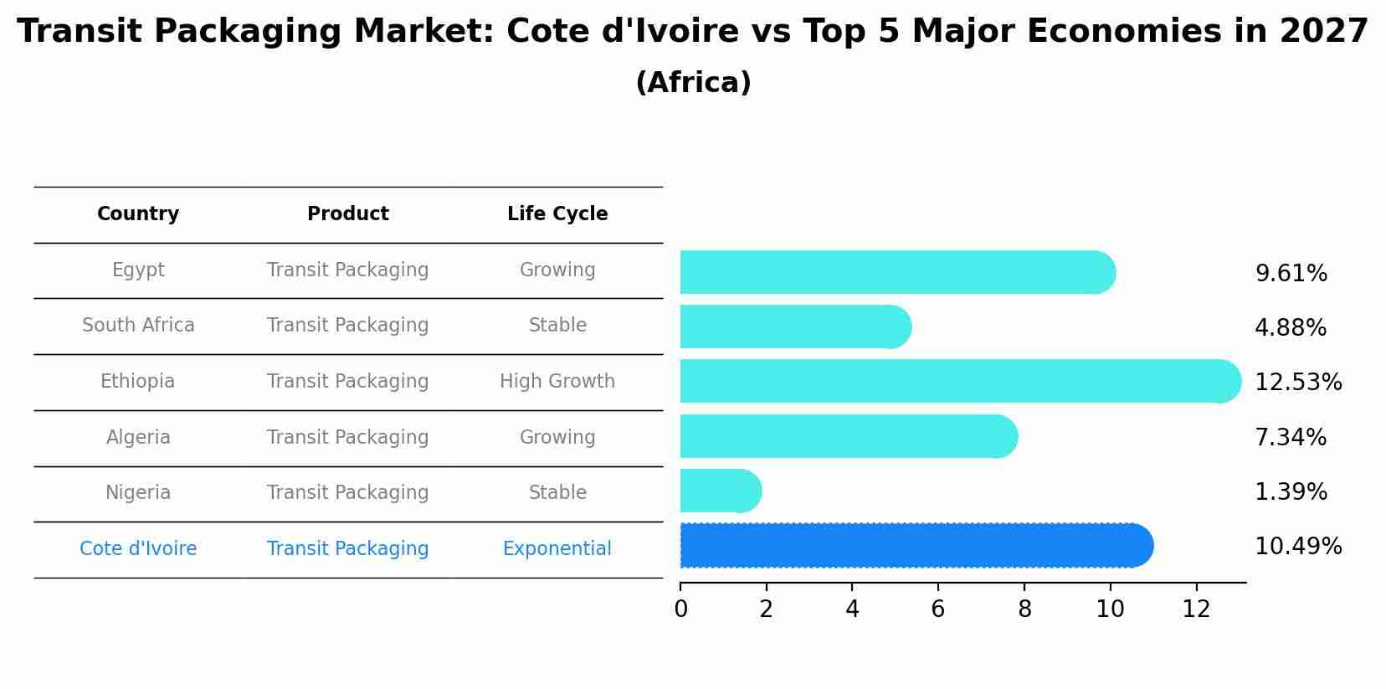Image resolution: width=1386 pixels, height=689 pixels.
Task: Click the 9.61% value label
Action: [1291, 274]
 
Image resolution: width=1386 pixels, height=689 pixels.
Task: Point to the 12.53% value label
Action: [1297, 383]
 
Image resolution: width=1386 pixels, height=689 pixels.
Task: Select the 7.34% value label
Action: [1290, 437]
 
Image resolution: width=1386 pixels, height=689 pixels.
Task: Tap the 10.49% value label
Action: [1297, 547]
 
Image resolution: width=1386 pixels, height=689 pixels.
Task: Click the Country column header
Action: [138, 214]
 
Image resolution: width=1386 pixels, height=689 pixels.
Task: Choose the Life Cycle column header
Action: [557, 214]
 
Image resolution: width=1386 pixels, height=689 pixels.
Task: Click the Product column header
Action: [347, 214]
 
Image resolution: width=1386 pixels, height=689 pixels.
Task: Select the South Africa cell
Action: [138, 326]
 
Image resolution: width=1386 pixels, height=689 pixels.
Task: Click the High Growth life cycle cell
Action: [557, 382]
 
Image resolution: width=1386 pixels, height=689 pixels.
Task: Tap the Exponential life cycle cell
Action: [557, 549]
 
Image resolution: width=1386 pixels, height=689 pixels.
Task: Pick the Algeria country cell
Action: [138, 437]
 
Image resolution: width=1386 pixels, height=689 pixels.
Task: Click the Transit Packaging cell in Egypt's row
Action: [347, 270]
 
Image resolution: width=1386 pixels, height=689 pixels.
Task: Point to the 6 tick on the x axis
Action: [938, 609]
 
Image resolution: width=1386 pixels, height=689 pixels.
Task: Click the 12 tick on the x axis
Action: [1196, 609]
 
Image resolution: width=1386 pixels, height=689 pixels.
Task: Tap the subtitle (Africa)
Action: [693, 83]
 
